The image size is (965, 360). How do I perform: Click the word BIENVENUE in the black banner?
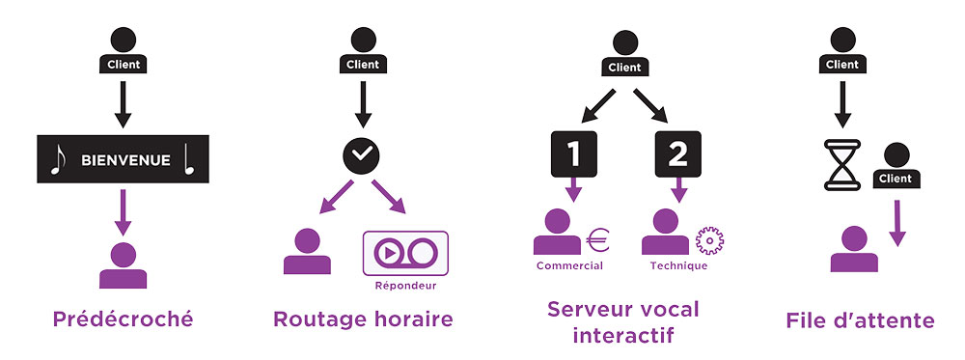[x=125, y=159]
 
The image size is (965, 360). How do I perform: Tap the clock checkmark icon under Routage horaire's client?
[x=362, y=155]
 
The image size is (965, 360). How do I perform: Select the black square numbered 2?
[x=678, y=152]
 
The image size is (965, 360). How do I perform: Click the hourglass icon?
[x=841, y=165]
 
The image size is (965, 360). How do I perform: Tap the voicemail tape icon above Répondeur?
[x=404, y=253]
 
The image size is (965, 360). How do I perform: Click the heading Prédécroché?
[x=123, y=318]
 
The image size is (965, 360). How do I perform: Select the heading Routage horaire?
[x=362, y=318]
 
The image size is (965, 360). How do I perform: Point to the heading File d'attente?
[x=860, y=318]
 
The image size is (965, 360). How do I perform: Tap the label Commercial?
[x=569, y=265]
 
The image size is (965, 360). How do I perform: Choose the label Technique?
[x=678, y=265]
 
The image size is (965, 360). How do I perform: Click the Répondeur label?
[x=404, y=286]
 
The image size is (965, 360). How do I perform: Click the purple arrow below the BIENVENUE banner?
[x=123, y=212]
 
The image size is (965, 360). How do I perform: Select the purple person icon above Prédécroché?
[x=123, y=265]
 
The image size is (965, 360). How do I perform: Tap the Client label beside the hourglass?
[x=896, y=179]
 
